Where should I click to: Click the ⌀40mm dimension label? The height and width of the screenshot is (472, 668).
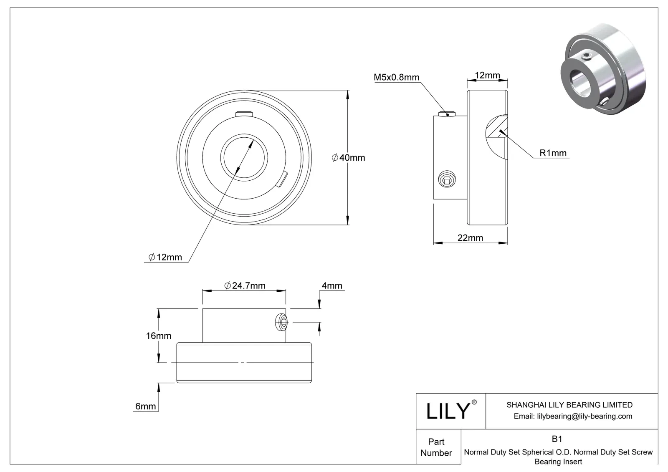point(348,158)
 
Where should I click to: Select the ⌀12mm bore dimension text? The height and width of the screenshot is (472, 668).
point(165,257)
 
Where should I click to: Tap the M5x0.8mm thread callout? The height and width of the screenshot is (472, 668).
point(396,77)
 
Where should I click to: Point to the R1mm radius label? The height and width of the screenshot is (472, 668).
point(553,153)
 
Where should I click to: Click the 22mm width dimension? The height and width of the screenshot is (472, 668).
point(470,238)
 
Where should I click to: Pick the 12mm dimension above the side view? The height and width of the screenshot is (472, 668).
point(487,76)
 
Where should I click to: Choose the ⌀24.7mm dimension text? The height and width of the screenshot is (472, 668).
point(245,285)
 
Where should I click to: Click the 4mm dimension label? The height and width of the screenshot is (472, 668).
point(332,285)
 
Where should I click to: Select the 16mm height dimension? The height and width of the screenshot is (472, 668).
point(159,336)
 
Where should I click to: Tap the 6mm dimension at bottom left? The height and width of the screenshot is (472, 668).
point(146,406)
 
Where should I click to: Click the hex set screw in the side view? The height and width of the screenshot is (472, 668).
point(446,180)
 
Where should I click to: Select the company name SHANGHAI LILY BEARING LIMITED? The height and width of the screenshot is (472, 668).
point(569,405)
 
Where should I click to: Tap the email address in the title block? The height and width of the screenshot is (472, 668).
point(573,416)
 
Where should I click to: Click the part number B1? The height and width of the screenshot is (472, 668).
point(557,439)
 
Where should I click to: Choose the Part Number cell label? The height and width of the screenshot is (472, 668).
point(436,447)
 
